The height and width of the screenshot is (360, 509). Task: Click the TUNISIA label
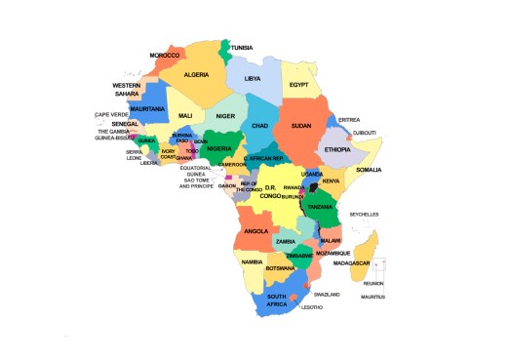[x=242, y=47]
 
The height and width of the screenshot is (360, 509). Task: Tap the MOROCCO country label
[x=164, y=56]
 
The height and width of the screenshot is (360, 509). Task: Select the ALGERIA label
[x=197, y=74]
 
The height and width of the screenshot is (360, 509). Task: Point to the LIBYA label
[x=253, y=78]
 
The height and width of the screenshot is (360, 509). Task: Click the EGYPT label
[x=298, y=85]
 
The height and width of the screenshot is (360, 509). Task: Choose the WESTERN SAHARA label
[x=127, y=90]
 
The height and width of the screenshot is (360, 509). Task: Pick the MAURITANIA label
[x=146, y=108]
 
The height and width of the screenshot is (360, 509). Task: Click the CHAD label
[x=259, y=126]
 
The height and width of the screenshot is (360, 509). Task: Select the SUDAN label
[x=301, y=126]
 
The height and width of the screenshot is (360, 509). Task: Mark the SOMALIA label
[x=369, y=170]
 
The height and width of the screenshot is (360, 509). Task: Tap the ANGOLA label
[x=255, y=231]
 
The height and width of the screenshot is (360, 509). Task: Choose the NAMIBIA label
[x=253, y=261]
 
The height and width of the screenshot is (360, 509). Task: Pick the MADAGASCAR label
[x=352, y=262]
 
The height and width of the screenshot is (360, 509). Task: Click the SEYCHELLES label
[x=364, y=214]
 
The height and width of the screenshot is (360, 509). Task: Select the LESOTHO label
[x=312, y=306]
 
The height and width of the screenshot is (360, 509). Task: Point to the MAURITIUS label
[x=372, y=297]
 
